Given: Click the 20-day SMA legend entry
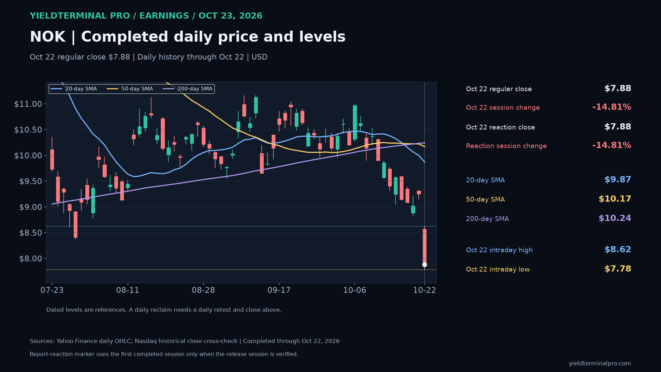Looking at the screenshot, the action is point(74,89).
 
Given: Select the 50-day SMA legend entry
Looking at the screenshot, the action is point(130,89).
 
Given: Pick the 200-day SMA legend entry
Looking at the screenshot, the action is point(188,89).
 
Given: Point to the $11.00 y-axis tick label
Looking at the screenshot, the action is point(28,104).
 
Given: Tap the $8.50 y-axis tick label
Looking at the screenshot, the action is point(31,233).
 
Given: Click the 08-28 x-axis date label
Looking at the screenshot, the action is point(203,290).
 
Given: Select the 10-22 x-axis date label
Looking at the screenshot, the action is point(424,290).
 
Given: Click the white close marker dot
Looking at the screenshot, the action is point(424,265).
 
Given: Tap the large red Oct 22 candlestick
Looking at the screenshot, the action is point(424,247).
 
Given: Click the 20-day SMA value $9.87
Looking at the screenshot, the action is point(618,180).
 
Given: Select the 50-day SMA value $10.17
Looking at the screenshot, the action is point(615,199).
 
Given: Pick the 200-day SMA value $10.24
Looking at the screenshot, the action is point(615,218).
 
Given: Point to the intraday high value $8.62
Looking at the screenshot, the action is point(618,250).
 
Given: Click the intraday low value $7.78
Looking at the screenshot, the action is point(618,269).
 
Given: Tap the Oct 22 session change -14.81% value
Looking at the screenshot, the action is point(612,107).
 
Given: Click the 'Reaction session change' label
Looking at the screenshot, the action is point(506,146).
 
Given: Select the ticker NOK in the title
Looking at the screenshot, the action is point(48,37).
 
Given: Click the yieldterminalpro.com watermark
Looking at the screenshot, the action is point(600,364).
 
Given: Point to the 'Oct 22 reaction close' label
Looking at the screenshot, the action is point(500,127).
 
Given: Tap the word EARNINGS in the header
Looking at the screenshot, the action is point(164,16).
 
